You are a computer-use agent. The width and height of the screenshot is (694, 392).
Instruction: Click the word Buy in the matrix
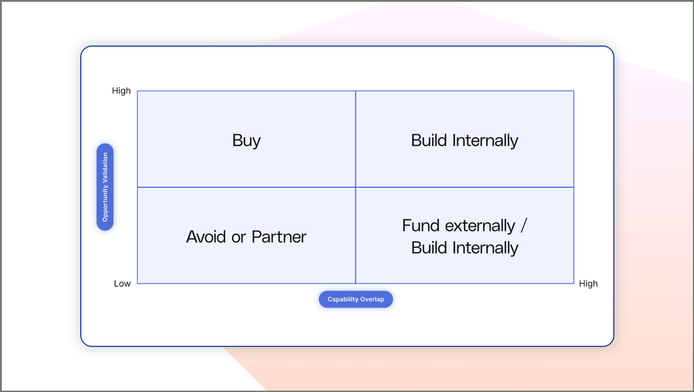coord(246,141)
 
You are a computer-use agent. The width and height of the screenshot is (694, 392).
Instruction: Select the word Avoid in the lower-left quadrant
coord(206,237)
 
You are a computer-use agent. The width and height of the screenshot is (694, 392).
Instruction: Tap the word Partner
coord(279,237)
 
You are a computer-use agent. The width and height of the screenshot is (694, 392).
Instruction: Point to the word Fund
coord(421,226)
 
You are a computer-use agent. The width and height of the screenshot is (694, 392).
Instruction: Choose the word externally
coord(480,226)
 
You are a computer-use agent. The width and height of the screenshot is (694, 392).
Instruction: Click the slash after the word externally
coord(524,226)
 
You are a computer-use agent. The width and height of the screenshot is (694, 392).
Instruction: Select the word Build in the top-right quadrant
coord(429,141)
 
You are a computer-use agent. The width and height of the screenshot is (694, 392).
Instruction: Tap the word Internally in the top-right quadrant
coord(485,141)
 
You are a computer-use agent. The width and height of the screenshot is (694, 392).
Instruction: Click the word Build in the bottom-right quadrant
coord(429,248)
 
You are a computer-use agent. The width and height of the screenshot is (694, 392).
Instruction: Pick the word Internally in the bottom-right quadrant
coord(485,248)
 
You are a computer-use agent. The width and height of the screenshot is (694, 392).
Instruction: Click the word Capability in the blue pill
coord(343,299)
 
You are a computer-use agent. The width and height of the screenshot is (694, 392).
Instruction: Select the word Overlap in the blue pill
coord(372,299)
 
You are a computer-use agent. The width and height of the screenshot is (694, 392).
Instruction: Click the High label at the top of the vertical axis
coord(121,91)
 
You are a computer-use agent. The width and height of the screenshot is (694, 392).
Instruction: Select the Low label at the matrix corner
coord(122,284)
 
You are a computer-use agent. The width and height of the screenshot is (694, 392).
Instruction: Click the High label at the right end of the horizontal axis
coord(588,284)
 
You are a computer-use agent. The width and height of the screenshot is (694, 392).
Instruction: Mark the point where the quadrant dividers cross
coord(356,187)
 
